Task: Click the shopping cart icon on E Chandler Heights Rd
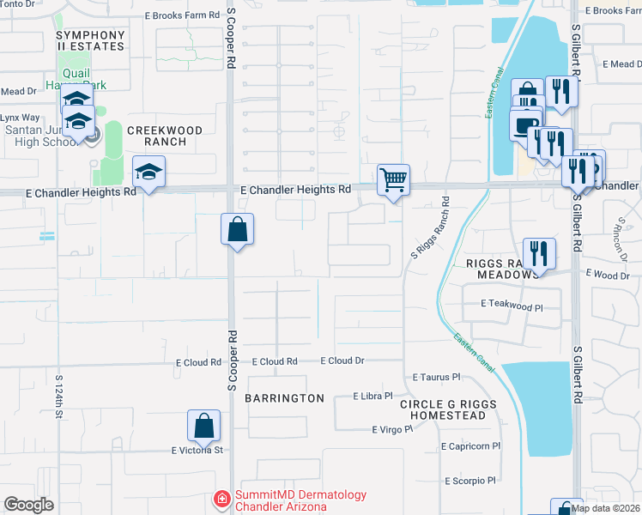pyautogui.click(x=393, y=181)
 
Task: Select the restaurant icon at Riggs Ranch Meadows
pyautogui.click(x=538, y=254)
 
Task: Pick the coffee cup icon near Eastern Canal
pyautogui.click(x=525, y=125)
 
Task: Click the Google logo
pyautogui.click(x=28, y=505)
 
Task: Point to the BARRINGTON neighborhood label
pyautogui.click(x=284, y=398)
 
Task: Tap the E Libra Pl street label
pyautogui.click(x=373, y=397)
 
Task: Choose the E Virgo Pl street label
pyautogui.click(x=392, y=429)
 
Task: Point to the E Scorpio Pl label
pyautogui.click(x=470, y=481)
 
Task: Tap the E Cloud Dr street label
pyautogui.click(x=343, y=361)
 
